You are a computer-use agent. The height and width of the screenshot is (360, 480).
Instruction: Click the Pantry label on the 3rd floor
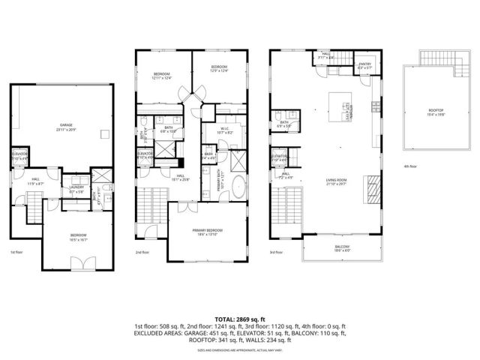click(x=365, y=67)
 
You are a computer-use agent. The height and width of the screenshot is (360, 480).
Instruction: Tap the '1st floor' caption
click(x=17, y=253)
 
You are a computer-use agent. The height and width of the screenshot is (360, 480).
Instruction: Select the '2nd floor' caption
click(x=144, y=253)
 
